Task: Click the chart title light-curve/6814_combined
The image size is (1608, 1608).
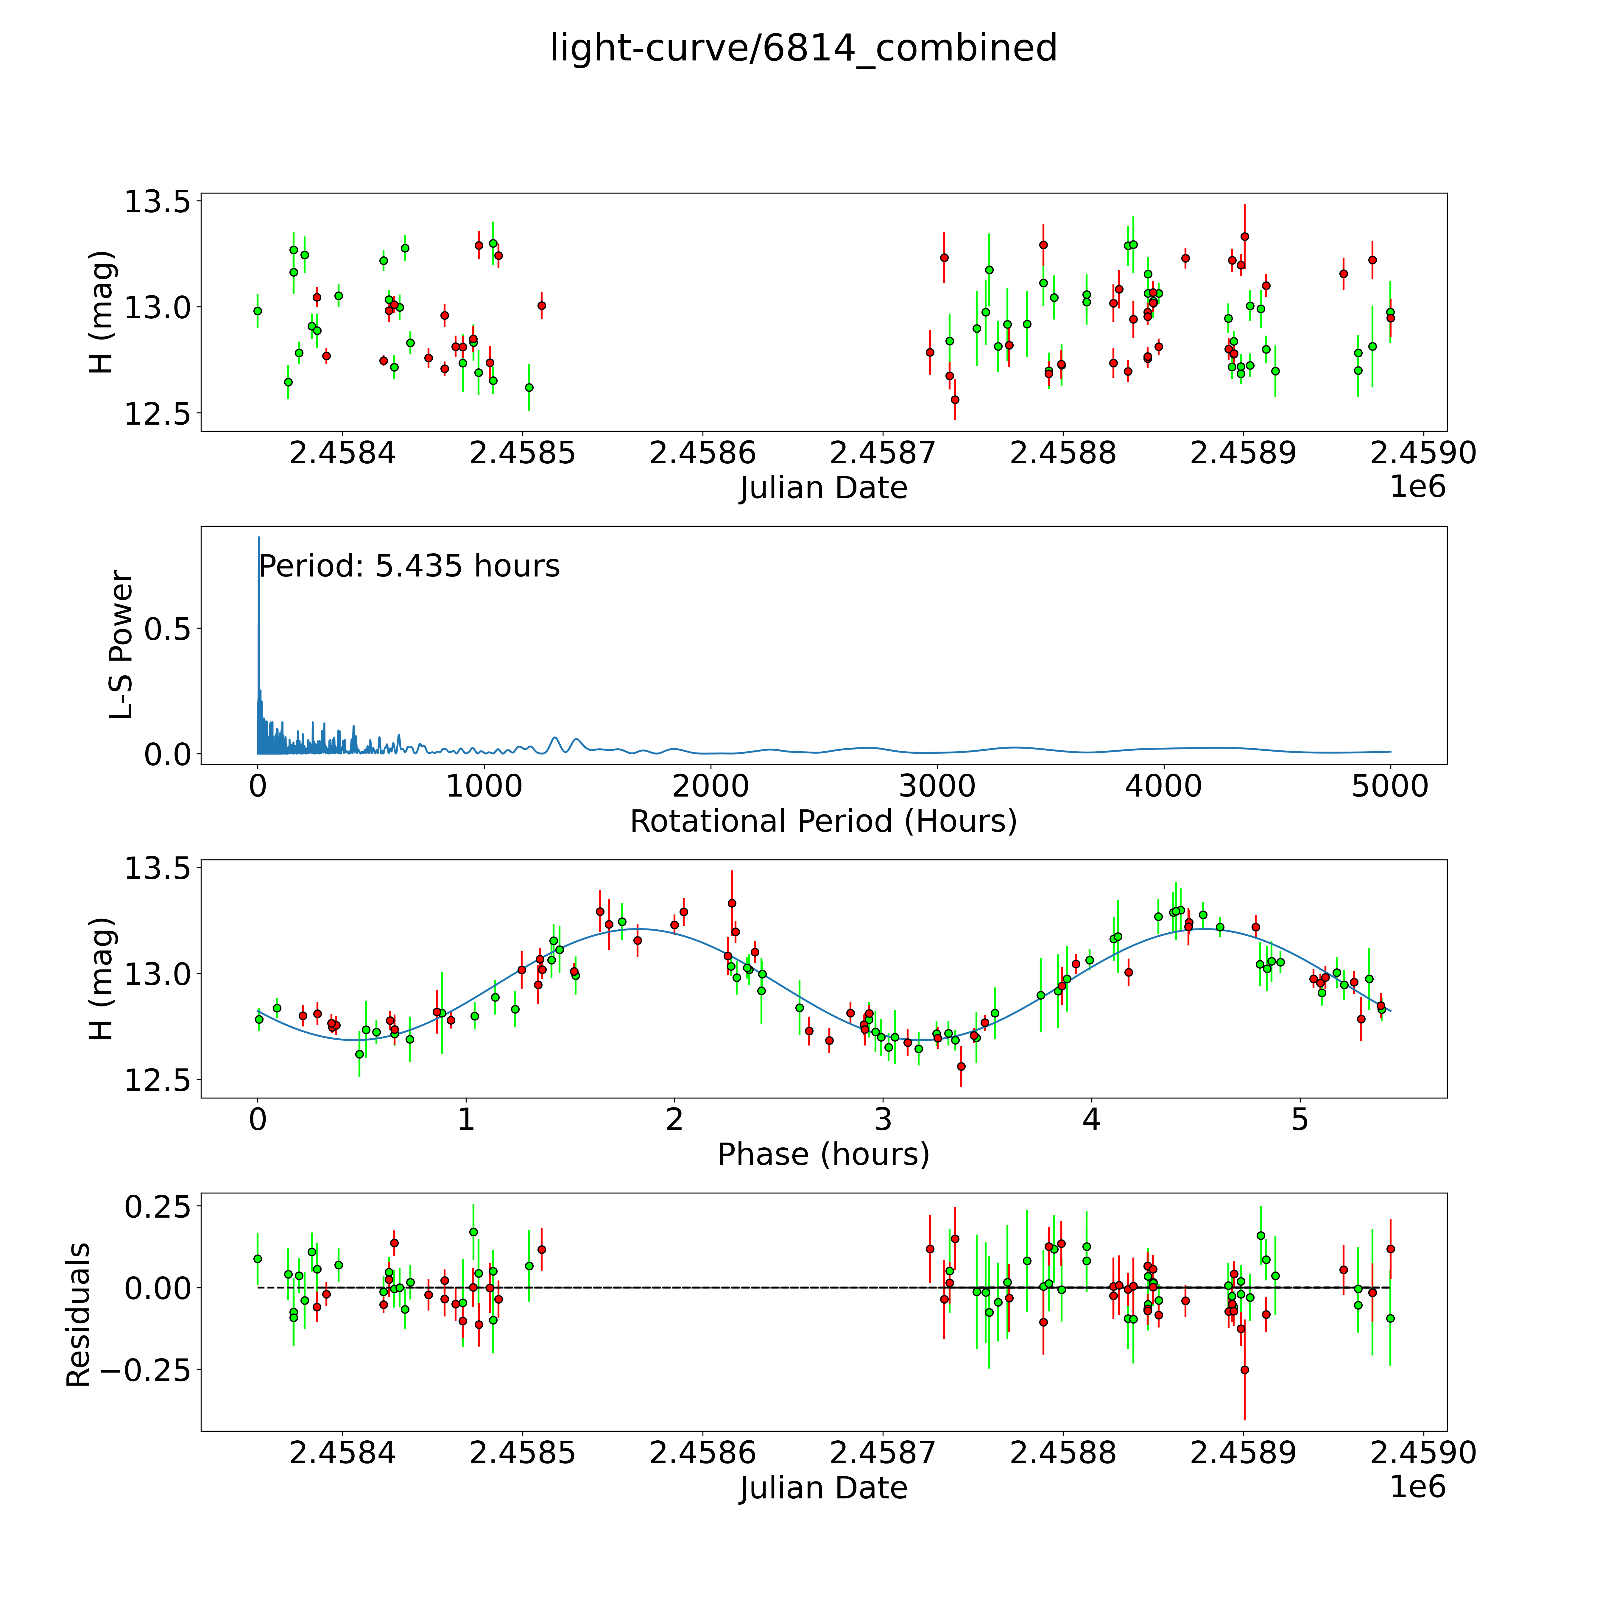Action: coord(803,48)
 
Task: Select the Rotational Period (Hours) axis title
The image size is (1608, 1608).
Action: coord(823,822)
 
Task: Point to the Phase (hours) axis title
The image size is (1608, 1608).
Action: coord(823,1154)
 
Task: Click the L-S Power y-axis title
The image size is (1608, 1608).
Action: coord(121,645)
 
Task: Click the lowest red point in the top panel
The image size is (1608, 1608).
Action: coord(955,400)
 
